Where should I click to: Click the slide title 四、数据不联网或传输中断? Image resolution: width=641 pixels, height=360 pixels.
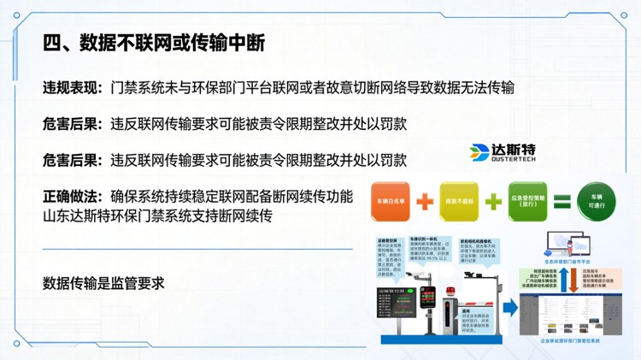[x=161, y=42]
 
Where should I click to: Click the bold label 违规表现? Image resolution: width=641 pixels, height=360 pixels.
[x=73, y=88]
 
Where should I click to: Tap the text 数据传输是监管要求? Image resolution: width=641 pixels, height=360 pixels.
[x=103, y=282]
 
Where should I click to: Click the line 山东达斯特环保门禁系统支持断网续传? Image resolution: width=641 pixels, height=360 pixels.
[x=157, y=215]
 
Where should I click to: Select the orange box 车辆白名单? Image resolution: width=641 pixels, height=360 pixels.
[x=389, y=203]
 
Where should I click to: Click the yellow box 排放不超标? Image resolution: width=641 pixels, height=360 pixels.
[x=459, y=203]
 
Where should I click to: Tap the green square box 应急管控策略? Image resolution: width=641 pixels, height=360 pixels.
[x=527, y=202]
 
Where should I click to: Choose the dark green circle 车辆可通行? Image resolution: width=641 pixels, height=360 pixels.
[x=595, y=202]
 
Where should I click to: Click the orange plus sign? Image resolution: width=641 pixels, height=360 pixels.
[x=425, y=203]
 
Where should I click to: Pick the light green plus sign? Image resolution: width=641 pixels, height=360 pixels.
[x=493, y=203]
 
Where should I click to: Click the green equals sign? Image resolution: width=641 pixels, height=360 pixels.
[x=561, y=203]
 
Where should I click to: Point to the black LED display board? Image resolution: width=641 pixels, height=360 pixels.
[x=395, y=304]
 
